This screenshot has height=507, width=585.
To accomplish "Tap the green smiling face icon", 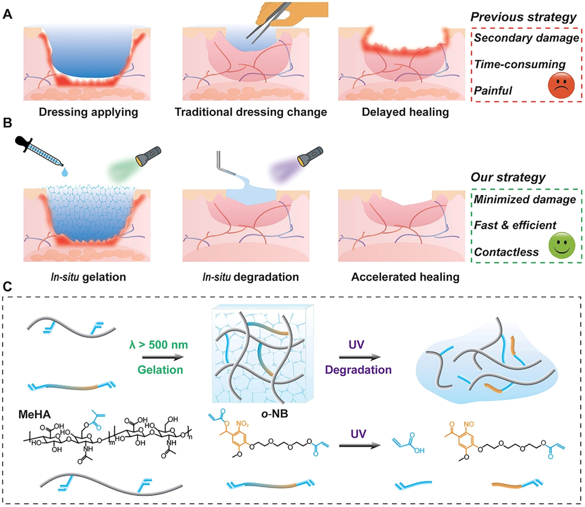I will pyautogui.click(x=562, y=246).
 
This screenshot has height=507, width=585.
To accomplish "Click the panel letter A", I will pyautogui.click(x=7, y=14).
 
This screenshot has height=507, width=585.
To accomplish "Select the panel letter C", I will pyautogui.click(x=7, y=286).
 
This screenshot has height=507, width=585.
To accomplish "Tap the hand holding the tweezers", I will pyautogui.click(x=292, y=14).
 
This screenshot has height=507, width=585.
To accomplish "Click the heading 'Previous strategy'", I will pyautogui.click(x=523, y=17).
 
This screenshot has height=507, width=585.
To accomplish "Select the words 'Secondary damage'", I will pyautogui.click(x=526, y=38).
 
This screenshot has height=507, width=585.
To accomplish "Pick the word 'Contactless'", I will pyautogui.click(x=506, y=252).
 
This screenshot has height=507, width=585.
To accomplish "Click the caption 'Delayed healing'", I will pyautogui.click(x=405, y=112).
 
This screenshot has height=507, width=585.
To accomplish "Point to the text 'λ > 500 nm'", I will pyautogui.click(x=158, y=345).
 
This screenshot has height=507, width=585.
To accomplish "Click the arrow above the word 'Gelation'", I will pyautogui.click(x=163, y=357).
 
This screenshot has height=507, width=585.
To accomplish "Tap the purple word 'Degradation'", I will pyautogui.click(x=358, y=370).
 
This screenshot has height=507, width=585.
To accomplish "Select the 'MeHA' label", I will pyautogui.click(x=35, y=415).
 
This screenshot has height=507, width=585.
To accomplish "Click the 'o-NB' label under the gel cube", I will pyautogui.click(x=274, y=414).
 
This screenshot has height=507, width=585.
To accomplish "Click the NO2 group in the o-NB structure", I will pyautogui.click(x=242, y=424).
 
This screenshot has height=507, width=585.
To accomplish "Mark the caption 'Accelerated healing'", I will pyautogui.click(x=405, y=277).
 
